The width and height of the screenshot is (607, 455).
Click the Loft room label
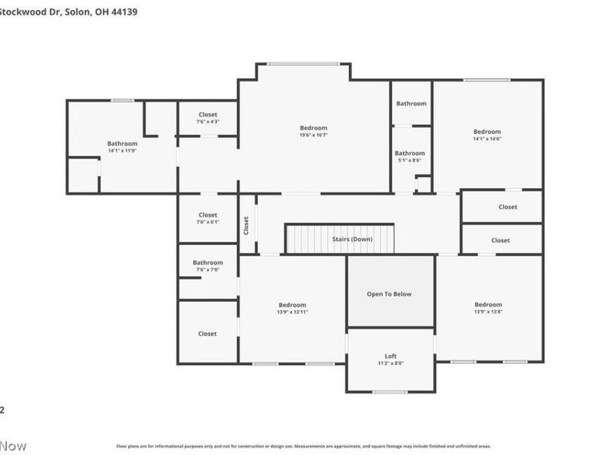coord(390,356)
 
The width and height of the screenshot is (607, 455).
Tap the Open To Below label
coord(390,294)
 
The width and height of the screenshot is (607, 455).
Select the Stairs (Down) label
coord(352,240)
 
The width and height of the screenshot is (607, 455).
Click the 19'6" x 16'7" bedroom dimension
coord(313,136)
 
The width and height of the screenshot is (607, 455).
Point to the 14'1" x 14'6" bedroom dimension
coord(487,139)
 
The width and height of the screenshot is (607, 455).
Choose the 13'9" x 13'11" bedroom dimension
coord(292,312)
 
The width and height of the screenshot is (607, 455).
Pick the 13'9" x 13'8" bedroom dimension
coord(489,312)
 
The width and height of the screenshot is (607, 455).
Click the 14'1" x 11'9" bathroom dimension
coord(122,151)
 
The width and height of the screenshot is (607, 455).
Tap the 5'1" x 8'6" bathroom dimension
coord(410,160)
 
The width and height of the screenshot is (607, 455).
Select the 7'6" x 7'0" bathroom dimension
coord(208,270)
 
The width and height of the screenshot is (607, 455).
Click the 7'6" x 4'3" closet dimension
coord(208,121)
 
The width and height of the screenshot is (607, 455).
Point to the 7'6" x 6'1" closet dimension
coord(208,222)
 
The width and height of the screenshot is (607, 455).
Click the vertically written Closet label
coord(246,225)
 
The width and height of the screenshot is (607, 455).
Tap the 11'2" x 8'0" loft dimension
coord(390,363)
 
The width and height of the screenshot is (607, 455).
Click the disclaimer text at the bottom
coord(303,447)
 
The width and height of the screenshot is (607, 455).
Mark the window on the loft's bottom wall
coord(390,391)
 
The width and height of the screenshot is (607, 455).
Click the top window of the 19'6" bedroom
coord(303,64)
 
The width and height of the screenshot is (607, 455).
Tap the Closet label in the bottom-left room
coord(207,334)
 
